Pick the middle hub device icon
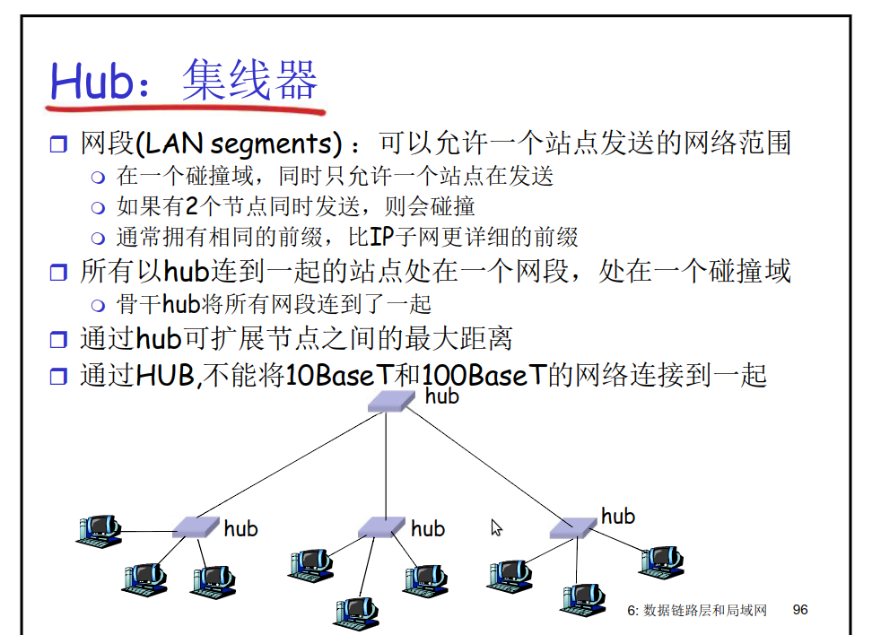tap(381, 527)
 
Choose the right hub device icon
tap(573, 527)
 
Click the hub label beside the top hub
tap(441, 396)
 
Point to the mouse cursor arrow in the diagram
tap(496, 527)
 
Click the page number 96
tap(800, 610)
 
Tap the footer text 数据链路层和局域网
tap(705, 611)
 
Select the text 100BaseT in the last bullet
tap(484, 374)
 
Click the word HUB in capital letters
tap(165, 374)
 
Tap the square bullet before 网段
tap(59, 144)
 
